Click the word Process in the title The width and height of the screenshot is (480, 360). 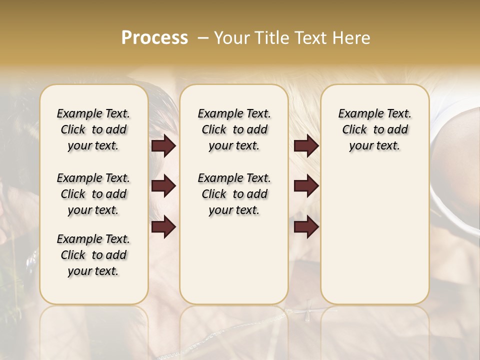(x=154, y=38)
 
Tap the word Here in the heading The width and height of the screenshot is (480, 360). (x=351, y=38)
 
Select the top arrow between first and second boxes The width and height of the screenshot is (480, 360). (x=163, y=146)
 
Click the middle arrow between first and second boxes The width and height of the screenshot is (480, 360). (x=163, y=186)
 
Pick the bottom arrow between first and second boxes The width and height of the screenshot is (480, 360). (x=163, y=226)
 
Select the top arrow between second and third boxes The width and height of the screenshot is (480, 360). (x=306, y=146)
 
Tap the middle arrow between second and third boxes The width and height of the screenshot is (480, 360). (x=306, y=186)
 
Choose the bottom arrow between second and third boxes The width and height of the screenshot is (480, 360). (x=306, y=226)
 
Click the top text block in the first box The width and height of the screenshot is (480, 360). (x=93, y=129)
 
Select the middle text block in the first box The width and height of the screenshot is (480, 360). (x=93, y=194)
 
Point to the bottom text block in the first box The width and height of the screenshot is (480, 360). (x=93, y=255)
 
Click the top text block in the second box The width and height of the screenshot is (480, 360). (x=234, y=129)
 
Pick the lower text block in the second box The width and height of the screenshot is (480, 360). (x=234, y=194)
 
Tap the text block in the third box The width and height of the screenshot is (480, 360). (x=374, y=129)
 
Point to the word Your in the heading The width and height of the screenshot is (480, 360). (x=232, y=38)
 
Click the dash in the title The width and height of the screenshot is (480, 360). (x=203, y=38)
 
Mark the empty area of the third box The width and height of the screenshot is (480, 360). (x=374, y=230)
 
